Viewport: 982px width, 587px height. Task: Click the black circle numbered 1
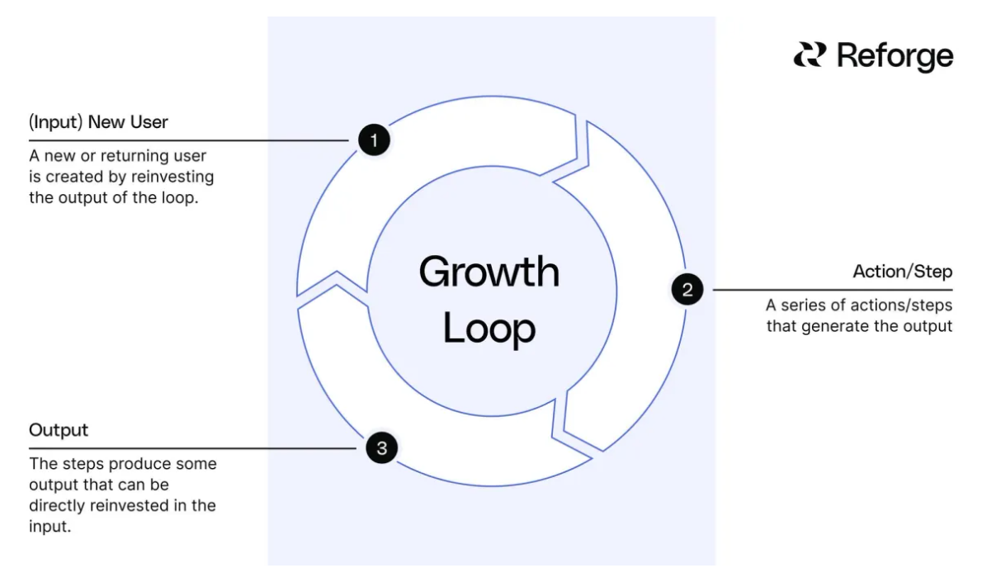[374, 140]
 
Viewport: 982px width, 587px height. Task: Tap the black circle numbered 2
[687, 290]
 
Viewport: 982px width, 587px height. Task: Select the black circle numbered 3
[381, 448]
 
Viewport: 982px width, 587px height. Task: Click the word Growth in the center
[489, 272]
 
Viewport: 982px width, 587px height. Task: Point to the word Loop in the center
[489, 328]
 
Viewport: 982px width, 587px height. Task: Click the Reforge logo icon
[810, 55]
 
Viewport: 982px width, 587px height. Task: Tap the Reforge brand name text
[895, 56]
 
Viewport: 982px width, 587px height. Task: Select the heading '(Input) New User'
[98, 122]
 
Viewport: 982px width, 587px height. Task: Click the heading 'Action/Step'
[902, 272]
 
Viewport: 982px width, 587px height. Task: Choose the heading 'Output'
[59, 430]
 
